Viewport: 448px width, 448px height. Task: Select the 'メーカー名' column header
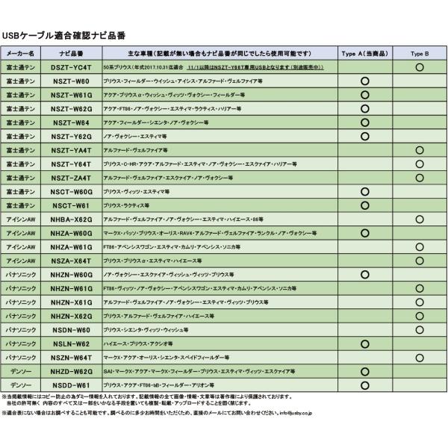pyautogui.click(x=22, y=54)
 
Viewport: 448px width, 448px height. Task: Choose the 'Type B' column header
pyautogui.click(x=420, y=54)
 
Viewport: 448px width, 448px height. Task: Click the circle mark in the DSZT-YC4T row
pyautogui.click(x=420, y=67)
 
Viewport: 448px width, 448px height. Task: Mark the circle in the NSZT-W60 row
pyautogui.click(x=365, y=81)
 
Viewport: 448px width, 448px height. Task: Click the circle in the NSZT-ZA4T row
pyautogui.click(x=420, y=178)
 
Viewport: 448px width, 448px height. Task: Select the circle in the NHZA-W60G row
pyautogui.click(x=365, y=233)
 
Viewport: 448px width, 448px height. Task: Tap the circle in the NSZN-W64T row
pyautogui.click(x=420, y=357)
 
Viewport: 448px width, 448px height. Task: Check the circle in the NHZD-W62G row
pyautogui.click(x=365, y=371)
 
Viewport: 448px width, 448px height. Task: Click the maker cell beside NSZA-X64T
pyautogui.click(x=22, y=261)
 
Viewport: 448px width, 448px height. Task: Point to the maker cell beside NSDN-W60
pyautogui.click(x=22, y=329)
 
